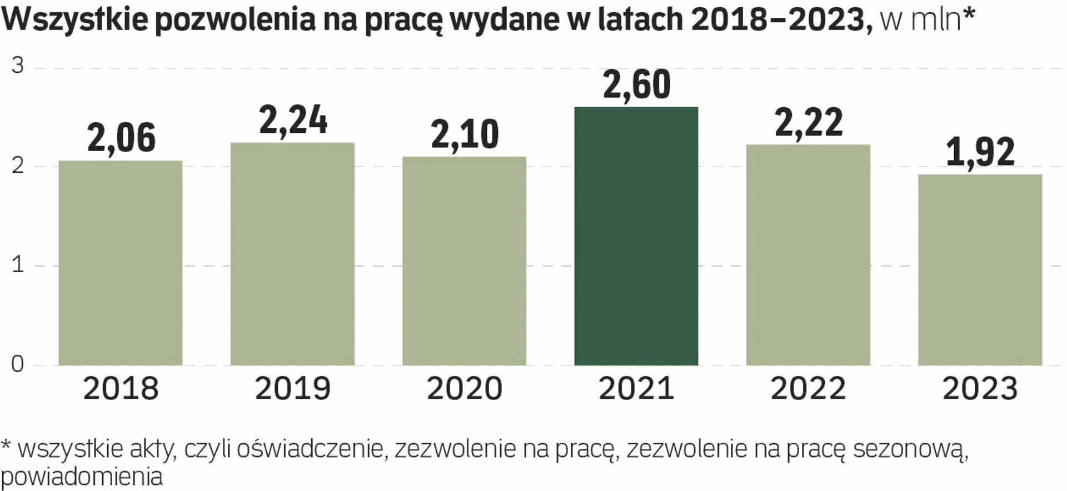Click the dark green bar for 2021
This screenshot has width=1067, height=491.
[636, 236]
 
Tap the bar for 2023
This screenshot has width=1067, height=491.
[980, 270]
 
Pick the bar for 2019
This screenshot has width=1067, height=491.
[292, 254]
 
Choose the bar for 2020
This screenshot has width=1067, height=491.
[464, 261]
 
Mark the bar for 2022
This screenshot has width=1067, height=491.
[808, 255]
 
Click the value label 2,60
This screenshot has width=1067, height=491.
[636, 85]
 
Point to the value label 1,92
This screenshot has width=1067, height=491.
[980, 152]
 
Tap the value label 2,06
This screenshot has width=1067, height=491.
[121, 138]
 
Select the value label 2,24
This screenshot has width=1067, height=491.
[293, 120]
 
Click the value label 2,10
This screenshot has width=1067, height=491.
[465, 134]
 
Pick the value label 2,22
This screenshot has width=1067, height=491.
[809, 122]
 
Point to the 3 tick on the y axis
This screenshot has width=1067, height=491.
[18, 66]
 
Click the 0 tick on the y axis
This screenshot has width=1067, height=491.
[18, 364]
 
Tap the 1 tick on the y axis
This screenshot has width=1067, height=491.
[18, 265]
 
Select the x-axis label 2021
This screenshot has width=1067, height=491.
[636, 388]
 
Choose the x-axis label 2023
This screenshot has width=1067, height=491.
[980, 388]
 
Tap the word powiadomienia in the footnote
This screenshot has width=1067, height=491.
[82, 477]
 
